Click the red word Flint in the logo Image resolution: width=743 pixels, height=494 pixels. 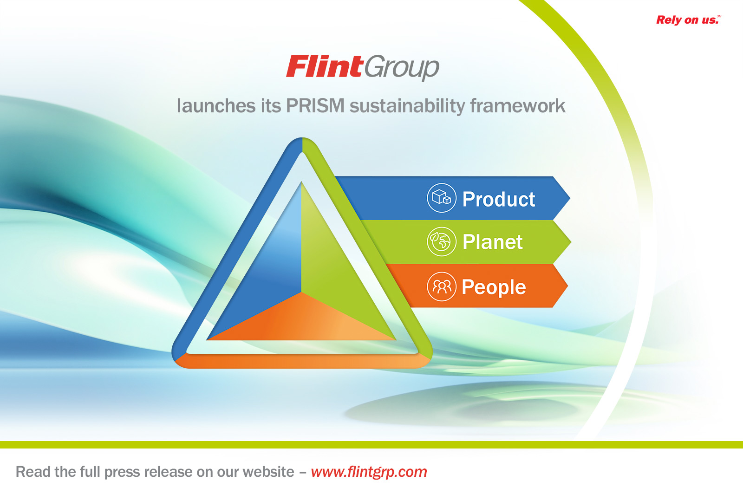pos(324,66)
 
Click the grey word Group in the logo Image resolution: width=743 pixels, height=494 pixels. pos(402,68)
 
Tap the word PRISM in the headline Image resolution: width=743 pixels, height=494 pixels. pos(315,106)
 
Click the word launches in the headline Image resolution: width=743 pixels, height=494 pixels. pos(216,106)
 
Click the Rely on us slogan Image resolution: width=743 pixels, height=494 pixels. pos(688,20)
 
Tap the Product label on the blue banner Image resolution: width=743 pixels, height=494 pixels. pos(499,199)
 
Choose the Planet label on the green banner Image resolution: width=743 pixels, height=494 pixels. pos(493,242)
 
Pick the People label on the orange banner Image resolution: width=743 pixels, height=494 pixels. pos(494,287)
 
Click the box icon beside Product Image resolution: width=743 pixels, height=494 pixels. pos(442,198)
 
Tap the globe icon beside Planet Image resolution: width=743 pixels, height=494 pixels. pos(442,242)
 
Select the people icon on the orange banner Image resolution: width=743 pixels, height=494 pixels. pos(442,287)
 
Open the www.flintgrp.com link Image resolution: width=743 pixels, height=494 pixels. pos(369,472)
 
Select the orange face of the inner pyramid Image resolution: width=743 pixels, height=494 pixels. pos(301,322)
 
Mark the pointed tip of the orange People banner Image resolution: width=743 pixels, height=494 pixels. pos(567,286)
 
